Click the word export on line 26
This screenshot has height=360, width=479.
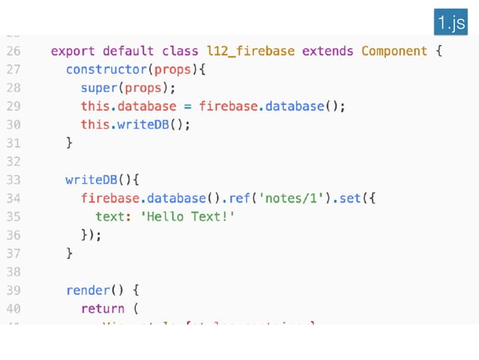point(73,52)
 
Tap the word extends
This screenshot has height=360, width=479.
point(328,52)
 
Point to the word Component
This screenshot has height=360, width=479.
point(395,52)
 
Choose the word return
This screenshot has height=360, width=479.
point(103,308)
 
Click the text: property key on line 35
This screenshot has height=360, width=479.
point(110,216)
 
